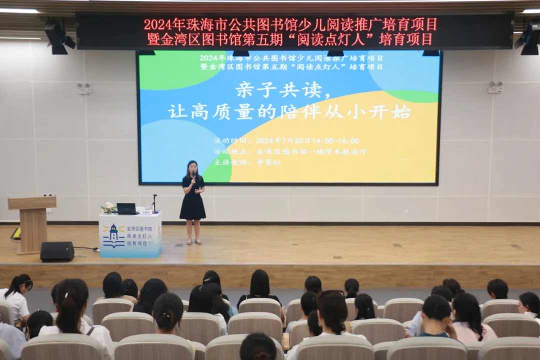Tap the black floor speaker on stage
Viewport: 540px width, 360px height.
click(57, 251)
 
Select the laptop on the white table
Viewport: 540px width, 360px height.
click(126, 208)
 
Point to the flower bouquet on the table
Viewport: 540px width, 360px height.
click(107, 207)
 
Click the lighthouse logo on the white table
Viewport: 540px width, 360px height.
click(113, 236)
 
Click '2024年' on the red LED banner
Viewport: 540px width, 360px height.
click(158, 24)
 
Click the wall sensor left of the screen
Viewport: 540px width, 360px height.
click(84, 88)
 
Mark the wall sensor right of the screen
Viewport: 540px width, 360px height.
click(495, 87)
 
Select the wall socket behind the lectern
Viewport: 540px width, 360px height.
click(48, 195)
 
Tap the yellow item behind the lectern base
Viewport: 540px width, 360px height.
click(16, 233)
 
